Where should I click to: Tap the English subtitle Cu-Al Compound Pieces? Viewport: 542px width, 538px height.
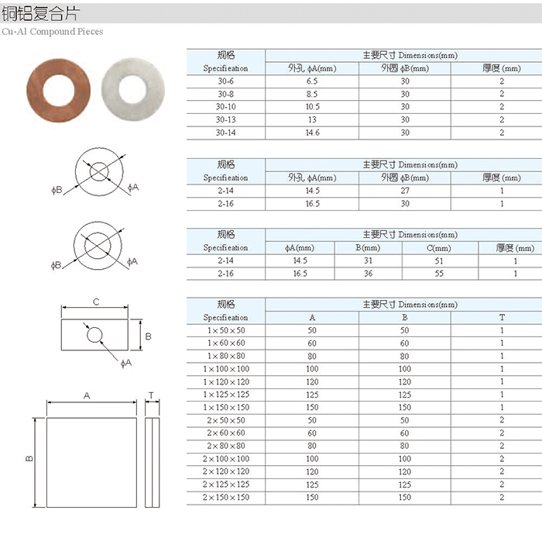[x=53, y=32]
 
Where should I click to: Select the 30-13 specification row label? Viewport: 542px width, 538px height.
[x=226, y=119]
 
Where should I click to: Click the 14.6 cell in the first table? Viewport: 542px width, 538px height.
[x=313, y=133]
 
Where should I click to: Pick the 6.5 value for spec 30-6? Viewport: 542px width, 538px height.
[x=312, y=81]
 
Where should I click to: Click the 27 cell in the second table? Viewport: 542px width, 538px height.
[x=405, y=191]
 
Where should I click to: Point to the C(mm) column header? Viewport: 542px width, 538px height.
[x=439, y=248]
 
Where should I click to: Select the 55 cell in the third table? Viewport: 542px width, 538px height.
[x=439, y=274]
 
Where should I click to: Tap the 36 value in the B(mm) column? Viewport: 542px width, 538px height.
[x=368, y=274]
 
